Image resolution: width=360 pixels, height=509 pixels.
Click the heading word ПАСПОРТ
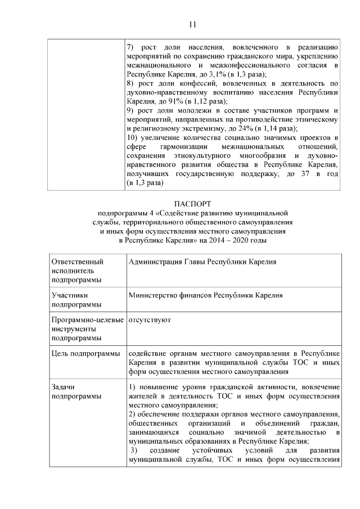pyautogui.click(x=192, y=204)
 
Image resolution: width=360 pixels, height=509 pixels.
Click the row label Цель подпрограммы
pyautogui.click(x=85, y=353)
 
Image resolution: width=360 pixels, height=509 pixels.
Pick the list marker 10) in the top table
pyautogui.click(x=133, y=138)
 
